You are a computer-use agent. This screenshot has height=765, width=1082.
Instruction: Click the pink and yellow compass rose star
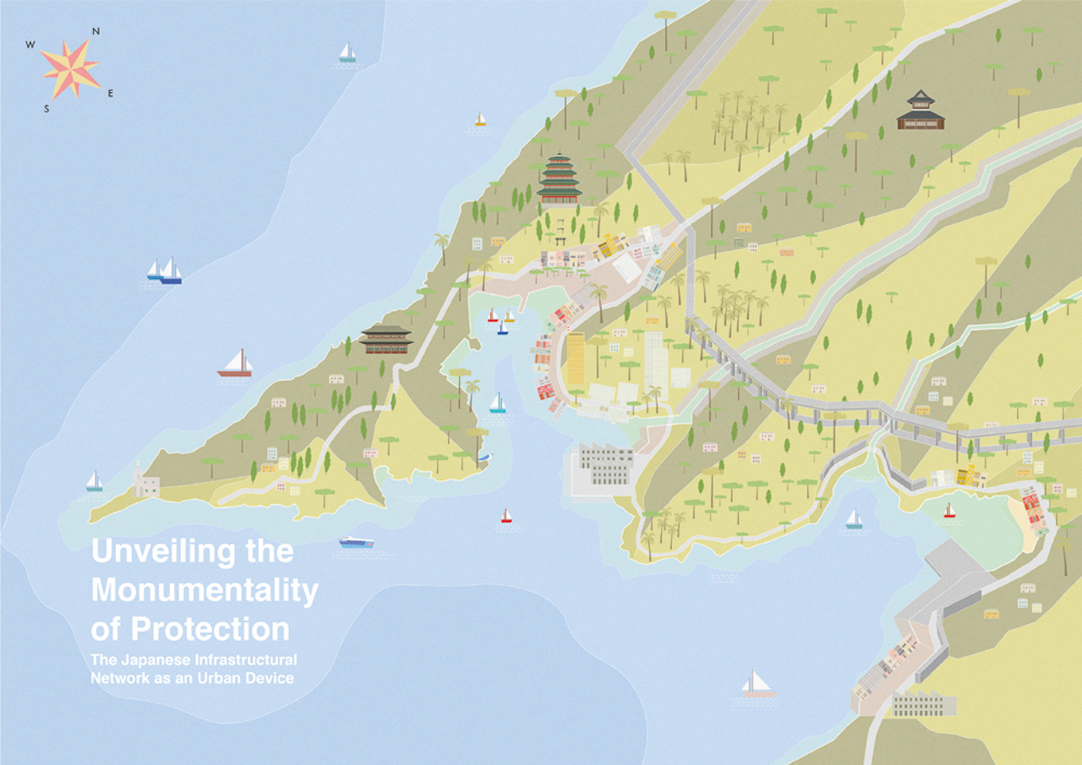tap(69, 69)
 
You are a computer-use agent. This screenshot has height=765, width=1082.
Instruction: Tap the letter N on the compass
tap(96, 31)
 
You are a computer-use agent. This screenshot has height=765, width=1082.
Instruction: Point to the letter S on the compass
tap(46, 108)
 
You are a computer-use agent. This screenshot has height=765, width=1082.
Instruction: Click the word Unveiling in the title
tap(150, 551)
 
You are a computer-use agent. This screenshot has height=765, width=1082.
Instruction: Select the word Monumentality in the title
tap(205, 590)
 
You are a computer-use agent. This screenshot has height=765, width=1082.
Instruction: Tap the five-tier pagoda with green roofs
tap(559, 179)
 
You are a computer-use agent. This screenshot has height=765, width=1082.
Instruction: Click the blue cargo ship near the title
tap(357, 542)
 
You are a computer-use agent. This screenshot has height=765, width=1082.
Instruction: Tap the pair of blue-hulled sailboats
tap(165, 270)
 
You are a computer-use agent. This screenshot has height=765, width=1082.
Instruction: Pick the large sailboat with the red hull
tap(235, 363)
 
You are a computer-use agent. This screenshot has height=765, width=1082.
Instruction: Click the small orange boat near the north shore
tap(480, 120)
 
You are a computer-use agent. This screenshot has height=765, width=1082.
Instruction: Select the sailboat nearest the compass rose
tap(347, 52)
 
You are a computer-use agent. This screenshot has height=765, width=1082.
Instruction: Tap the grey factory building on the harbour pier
tap(605, 467)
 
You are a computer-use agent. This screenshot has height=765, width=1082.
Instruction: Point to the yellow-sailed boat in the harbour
tap(509, 317)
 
